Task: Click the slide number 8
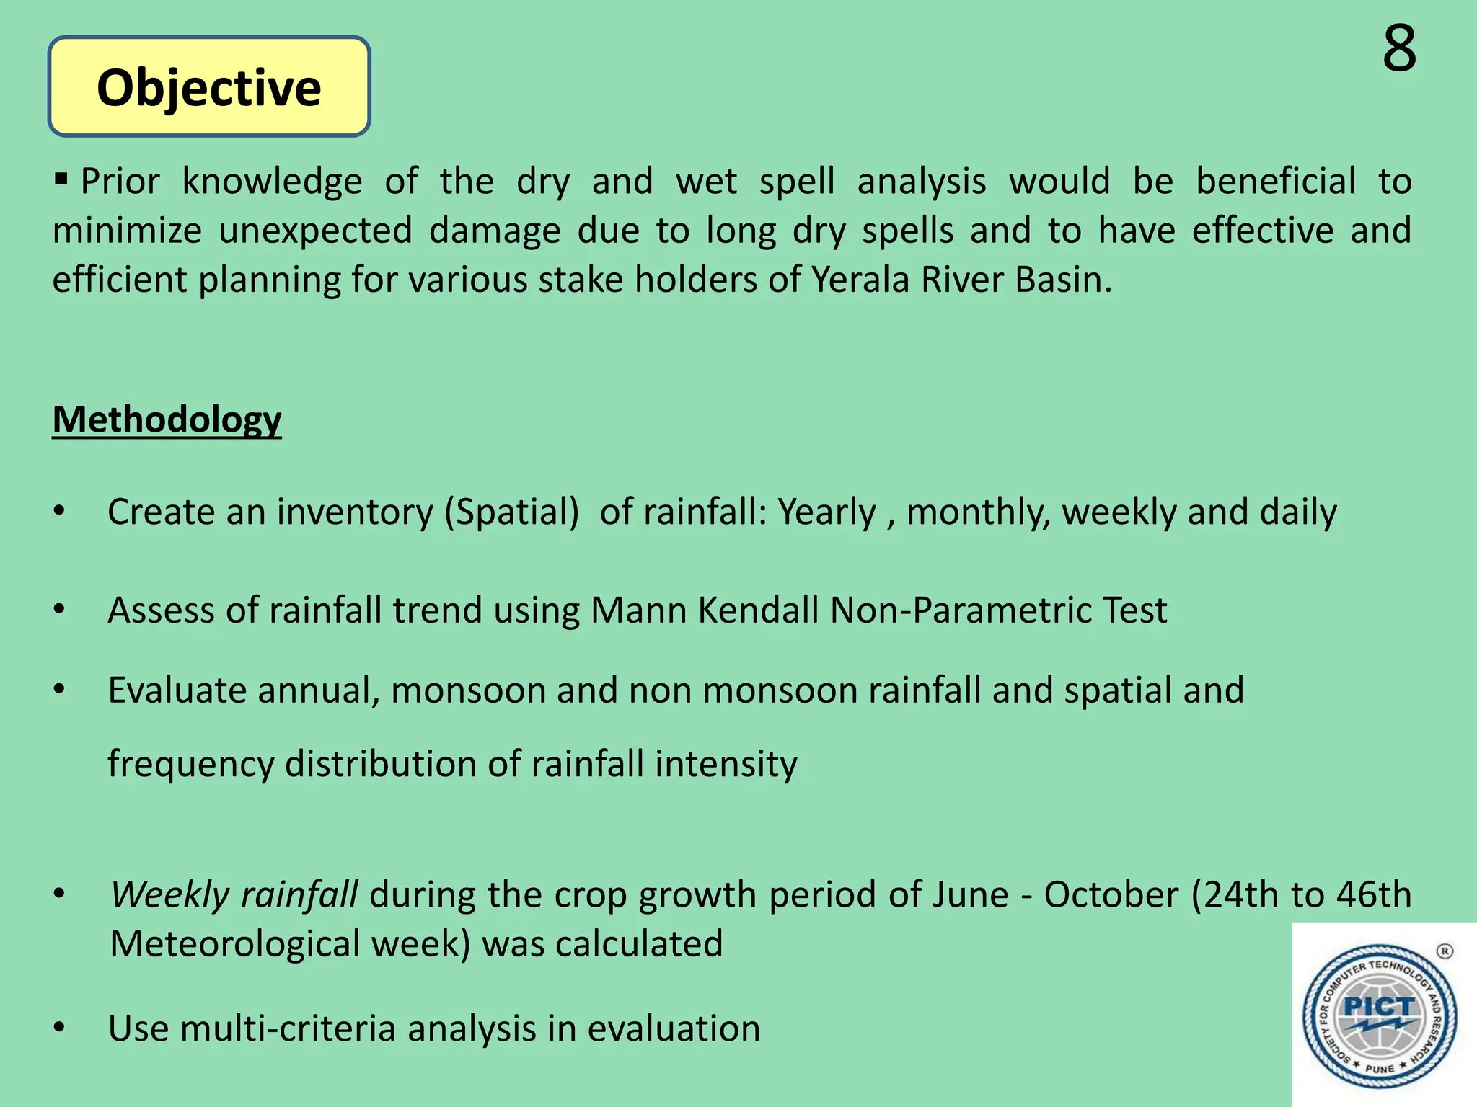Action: click(1399, 48)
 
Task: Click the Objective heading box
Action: click(209, 87)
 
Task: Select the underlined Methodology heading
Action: click(167, 419)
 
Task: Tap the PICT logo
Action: click(1379, 1015)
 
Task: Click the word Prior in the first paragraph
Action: click(120, 182)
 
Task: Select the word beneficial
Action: click(1276, 182)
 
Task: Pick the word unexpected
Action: click(316, 231)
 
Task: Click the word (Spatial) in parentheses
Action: click(511, 512)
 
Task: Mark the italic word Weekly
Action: click(169, 895)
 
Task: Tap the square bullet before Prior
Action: click(61, 177)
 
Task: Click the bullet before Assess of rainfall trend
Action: click(59, 610)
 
